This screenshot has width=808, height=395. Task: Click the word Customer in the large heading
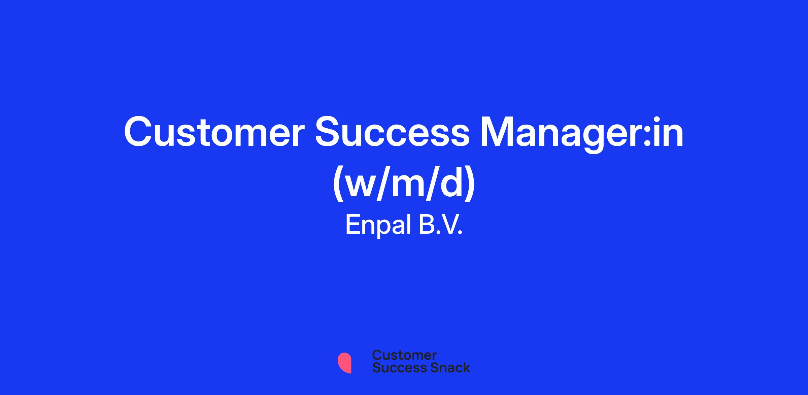[214, 132]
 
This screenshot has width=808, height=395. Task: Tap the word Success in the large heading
[392, 132]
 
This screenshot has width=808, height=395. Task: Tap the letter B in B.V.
[427, 225]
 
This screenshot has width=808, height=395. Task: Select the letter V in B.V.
[449, 225]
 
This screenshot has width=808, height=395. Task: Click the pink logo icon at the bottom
[344, 363]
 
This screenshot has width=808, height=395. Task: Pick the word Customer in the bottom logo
[404, 355]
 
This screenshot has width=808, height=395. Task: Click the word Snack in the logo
[445, 367]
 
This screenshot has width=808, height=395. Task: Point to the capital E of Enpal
[352, 225]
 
